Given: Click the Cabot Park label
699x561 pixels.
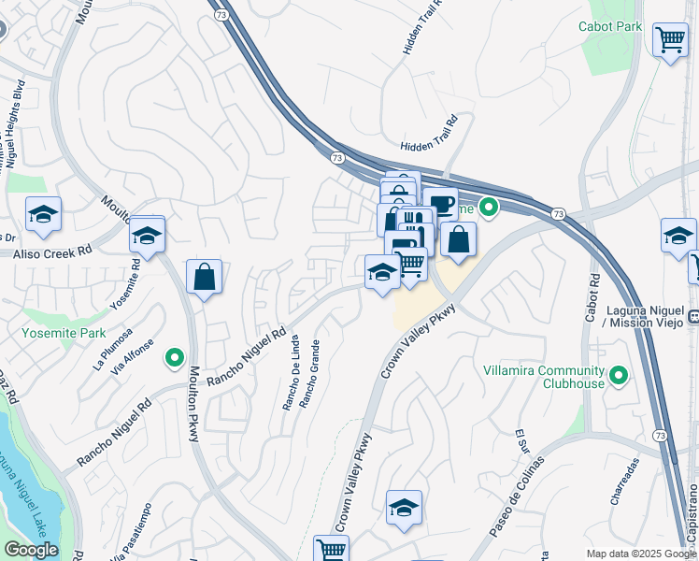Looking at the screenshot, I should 610,26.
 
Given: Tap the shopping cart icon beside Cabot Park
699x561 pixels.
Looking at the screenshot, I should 670,40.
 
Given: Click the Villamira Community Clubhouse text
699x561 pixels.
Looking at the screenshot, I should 543,376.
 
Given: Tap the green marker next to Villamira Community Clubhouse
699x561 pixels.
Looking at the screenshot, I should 617,376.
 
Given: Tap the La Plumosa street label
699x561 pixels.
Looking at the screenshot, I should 113,348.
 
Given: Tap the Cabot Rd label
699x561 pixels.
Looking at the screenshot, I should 592,298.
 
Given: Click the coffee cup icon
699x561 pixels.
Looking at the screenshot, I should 441,204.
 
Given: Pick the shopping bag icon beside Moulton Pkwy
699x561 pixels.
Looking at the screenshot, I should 204,278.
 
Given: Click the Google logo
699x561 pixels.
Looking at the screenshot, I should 32,550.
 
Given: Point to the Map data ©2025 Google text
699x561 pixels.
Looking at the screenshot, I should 641,554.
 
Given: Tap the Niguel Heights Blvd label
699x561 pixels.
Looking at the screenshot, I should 14,122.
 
